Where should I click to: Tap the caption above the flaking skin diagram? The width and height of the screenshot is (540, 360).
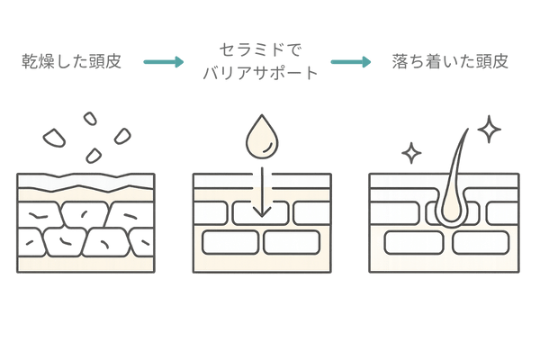[79, 63]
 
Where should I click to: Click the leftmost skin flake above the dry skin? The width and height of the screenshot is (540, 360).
[55, 138]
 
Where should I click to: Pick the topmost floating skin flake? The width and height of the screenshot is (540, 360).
[89, 116]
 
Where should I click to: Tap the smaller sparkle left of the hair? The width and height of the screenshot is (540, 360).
[412, 154]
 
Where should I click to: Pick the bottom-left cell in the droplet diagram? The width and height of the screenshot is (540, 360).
[230, 243]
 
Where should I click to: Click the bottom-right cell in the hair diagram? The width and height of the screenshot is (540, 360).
[481, 243]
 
